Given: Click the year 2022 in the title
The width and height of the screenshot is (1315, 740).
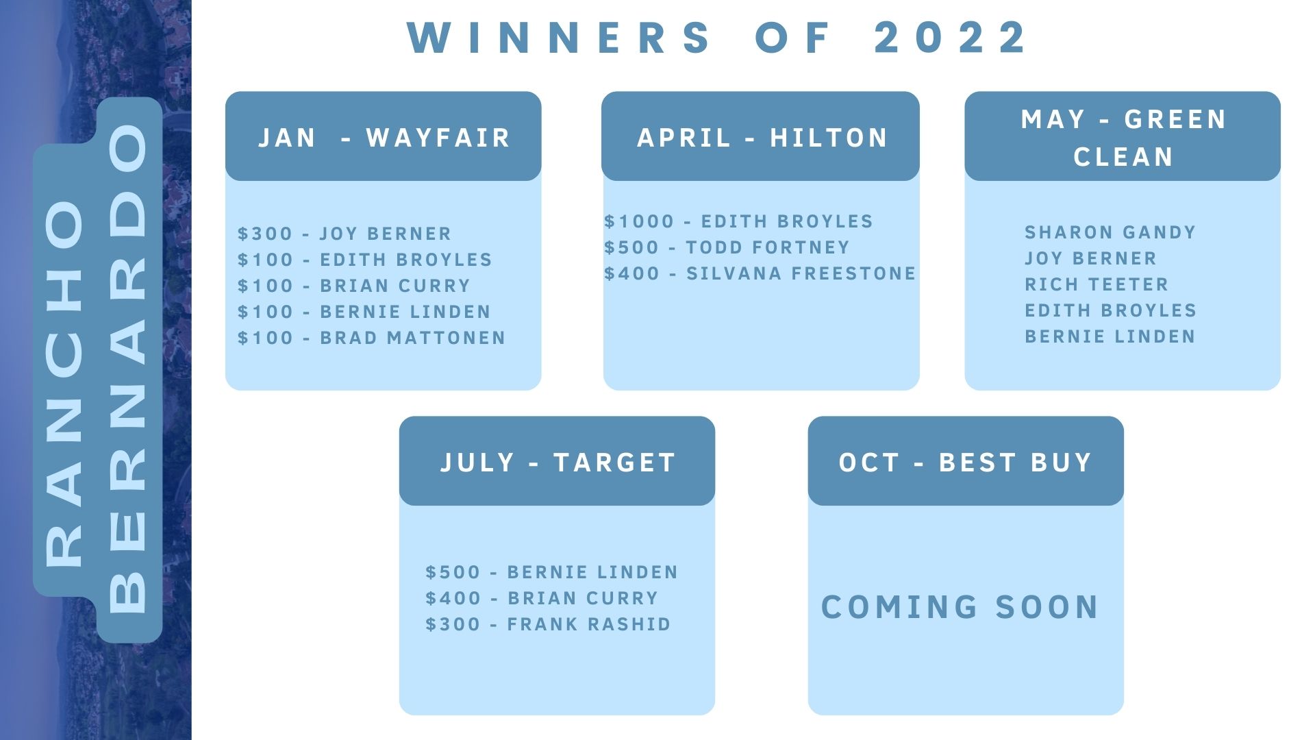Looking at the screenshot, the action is [950, 37].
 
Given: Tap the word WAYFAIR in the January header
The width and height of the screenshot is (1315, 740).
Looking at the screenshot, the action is [438, 138].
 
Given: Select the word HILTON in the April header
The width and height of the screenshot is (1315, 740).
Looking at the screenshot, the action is [829, 138].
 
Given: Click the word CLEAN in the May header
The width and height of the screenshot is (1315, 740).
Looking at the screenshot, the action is [1123, 157].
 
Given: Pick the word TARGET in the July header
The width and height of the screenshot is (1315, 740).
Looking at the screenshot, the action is [615, 463].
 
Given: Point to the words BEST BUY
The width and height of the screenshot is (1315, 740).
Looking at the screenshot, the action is [1015, 463].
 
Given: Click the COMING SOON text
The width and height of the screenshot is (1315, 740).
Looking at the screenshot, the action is [960, 607].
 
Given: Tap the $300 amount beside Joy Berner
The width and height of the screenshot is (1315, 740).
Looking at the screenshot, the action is [265, 234].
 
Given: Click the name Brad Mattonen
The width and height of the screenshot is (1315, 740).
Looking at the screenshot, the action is [412, 338].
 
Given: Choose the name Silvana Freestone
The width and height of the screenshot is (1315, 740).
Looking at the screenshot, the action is [801, 273].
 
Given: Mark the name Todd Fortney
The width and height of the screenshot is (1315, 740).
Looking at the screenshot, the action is [768, 247].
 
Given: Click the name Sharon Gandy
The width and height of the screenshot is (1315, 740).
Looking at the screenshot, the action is [1110, 232].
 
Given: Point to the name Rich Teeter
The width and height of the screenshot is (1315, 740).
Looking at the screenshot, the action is [1097, 284].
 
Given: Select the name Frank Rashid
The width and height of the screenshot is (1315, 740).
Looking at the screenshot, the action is [589, 624].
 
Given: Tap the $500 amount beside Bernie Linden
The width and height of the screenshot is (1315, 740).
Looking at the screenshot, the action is [453, 572].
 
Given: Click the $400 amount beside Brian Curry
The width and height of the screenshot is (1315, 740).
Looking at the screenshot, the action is [453, 598].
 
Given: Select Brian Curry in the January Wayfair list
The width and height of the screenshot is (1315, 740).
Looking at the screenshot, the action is [395, 286].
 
